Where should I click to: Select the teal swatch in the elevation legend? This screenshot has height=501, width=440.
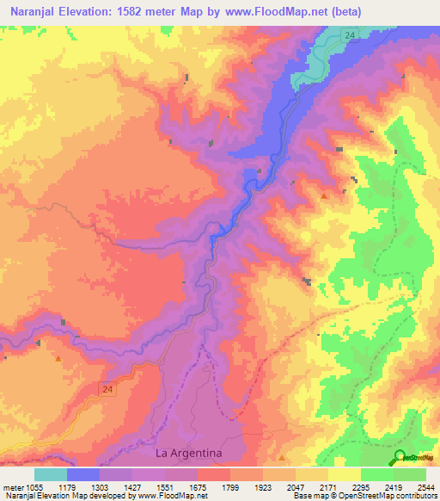[51, 474]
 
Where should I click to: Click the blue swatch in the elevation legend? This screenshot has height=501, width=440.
[83, 474]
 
